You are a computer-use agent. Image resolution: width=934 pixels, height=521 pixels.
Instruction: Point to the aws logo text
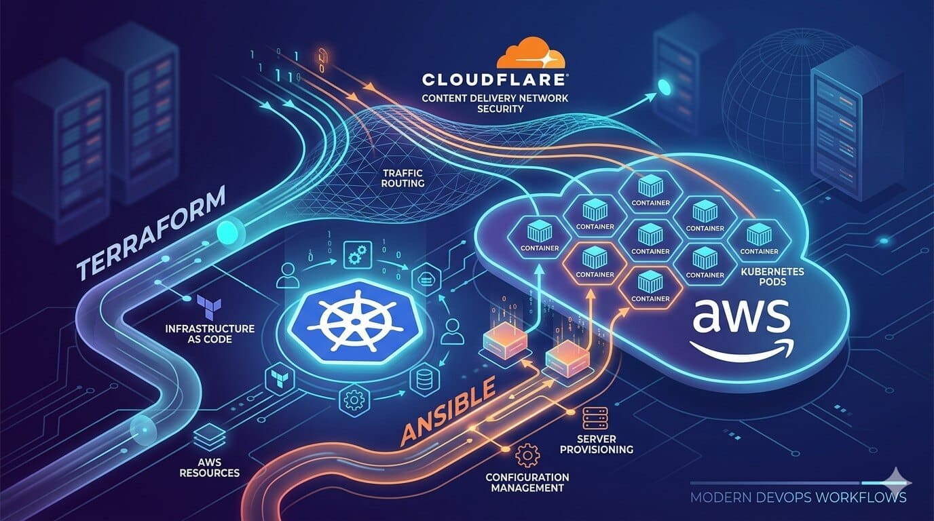click(739, 319)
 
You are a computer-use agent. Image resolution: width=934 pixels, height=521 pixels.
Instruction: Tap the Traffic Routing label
click(403, 178)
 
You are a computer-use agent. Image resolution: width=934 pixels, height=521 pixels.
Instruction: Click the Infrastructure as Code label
click(210, 333)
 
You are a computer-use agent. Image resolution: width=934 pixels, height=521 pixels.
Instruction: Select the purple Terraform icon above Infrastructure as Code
click(205, 306)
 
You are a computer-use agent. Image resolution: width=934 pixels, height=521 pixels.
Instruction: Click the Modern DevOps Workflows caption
click(798, 497)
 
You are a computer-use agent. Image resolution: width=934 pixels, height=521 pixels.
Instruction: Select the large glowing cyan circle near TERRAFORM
click(227, 233)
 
